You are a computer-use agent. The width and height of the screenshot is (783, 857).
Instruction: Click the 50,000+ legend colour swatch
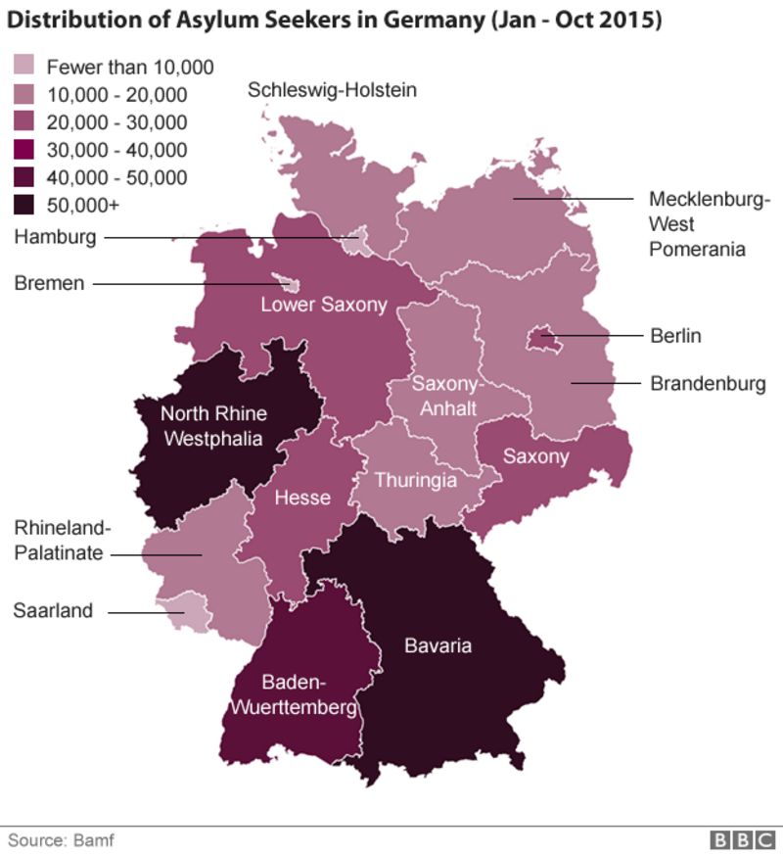(24, 205)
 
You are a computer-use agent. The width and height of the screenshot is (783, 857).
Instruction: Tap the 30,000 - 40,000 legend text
(116, 150)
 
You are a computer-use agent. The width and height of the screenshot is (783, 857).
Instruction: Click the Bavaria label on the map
(438, 645)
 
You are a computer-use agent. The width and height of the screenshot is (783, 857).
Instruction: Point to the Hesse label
(302, 499)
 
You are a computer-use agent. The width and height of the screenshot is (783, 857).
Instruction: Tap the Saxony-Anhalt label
(446, 396)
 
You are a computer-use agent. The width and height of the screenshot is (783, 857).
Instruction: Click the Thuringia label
(416, 481)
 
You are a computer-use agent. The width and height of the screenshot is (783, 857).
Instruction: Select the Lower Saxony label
(323, 305)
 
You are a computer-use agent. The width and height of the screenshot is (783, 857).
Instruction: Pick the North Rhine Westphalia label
(213, 426)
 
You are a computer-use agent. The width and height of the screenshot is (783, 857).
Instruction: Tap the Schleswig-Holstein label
(333, 90)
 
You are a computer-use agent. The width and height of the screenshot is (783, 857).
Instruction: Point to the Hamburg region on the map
(360, 238)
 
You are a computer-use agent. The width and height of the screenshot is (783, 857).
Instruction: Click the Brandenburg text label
(708, 383)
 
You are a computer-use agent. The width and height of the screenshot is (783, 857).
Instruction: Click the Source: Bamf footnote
(56, 839)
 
